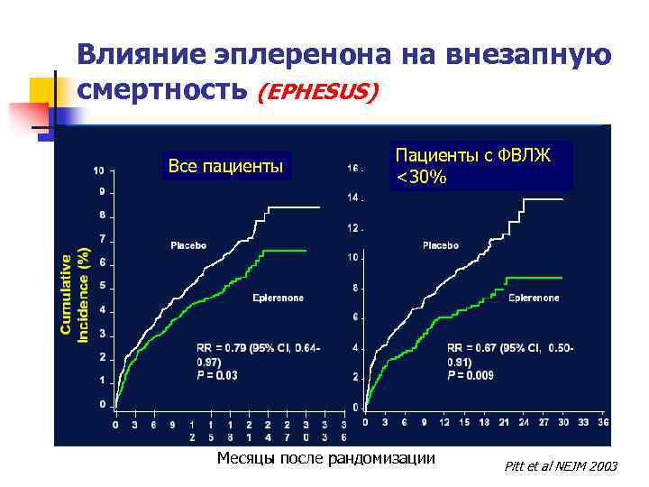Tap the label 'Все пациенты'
(x=225, y=166)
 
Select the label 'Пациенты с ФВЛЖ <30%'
(x=480, y=167)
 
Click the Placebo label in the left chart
(x=188, y=245)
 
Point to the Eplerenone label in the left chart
(x=279, y=297)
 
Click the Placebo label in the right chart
(x=441, y=245)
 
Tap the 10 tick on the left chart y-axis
(x=98, y=170)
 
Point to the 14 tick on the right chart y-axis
(x=353, y=198)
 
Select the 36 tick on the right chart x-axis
(x=603, y=422)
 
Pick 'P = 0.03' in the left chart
(x=217, y=376)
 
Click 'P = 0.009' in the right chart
(x=471, y=376)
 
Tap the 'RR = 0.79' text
(x=221, y=348)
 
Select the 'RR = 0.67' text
(x=474, y=348)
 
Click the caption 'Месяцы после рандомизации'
(x=325, y=458)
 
